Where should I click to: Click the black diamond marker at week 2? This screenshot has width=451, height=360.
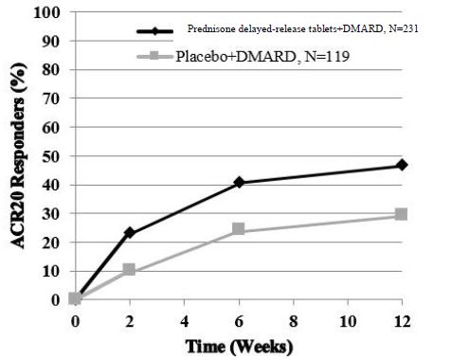coord(130,232)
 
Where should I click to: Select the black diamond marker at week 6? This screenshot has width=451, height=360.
coord(239,182)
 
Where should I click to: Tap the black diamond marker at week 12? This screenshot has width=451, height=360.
coord(402,165)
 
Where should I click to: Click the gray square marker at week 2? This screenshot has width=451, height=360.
coord(130,270)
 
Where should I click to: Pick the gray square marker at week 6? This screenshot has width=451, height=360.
coord(239,229)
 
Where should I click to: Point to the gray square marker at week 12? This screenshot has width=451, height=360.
coord(402,215)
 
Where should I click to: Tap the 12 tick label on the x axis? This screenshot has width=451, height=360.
coord(402,320)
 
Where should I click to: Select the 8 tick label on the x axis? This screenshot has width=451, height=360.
coord(293,320)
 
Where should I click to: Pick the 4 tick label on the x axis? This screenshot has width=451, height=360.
coord(184,320)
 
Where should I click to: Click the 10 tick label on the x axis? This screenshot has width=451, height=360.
coord(347,320)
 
